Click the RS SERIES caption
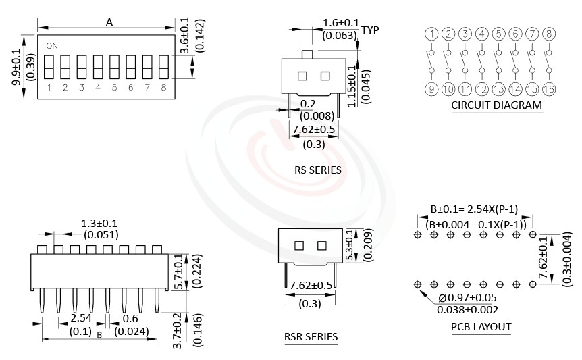[x=317, y=170]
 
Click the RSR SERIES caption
[x=311, y=336]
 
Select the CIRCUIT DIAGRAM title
[x=496, y=105]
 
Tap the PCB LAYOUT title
[x=481, y=327]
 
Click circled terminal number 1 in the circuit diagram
[x=431, y=34]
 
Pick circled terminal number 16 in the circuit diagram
[x=549, y=88]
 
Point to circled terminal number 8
[x=549, y=34]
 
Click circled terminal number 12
[x=481, y=88]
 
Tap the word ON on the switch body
[x=52, y=46]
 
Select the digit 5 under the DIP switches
[x=114, y=88]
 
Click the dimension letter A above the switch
[x=109, y=22]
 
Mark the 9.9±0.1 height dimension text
[x=16, y=67]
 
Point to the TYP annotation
[x=370, y=30]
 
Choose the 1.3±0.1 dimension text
[x=99, y=223]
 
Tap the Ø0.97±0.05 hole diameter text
[x=468, y=298]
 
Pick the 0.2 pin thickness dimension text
[x=308, y=103]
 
